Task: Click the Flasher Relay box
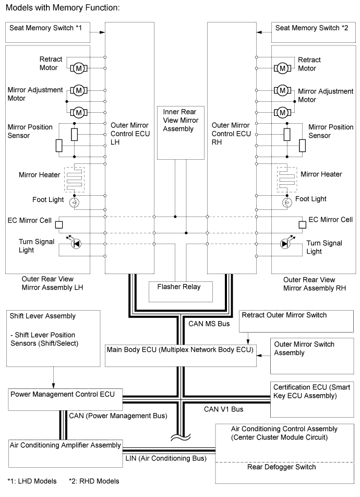click(181, 292)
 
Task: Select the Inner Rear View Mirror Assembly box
click(181, 133)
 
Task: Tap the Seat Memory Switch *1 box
click(47, 32)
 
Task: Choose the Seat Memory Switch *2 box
click(314, 32)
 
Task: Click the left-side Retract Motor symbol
click(79, 68)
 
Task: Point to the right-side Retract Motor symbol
click(282, 68)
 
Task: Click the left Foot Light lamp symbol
click(74, 202)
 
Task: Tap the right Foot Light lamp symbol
click(287, 202)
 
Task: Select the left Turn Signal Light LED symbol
click(76, 243)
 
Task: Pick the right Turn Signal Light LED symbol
click(286, 243)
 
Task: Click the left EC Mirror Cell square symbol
click(59, 224)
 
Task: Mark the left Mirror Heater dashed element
click(74, 179)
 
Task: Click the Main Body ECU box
click(181, 355)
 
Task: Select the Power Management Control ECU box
click(65, 399)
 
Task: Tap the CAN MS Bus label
click(209, 324)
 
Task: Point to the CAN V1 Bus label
click(224, 409)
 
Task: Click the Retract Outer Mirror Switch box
click(296, 322)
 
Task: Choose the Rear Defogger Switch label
click(281, 467)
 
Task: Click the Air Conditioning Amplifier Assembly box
click(66, 453)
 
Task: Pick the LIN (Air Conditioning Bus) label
click(166, 458)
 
